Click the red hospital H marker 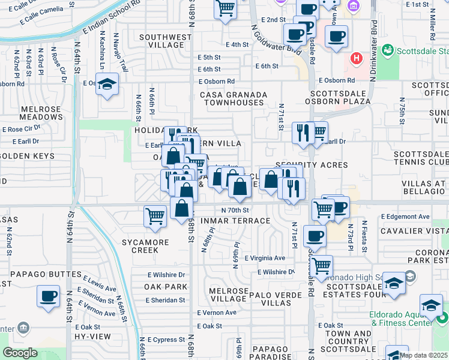[357, 58]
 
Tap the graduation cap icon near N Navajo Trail [107, 85]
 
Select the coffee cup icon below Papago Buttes [49, 296]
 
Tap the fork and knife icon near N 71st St [303, 131]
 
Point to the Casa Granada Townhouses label [232, 98]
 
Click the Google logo [20, 353]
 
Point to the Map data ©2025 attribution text [423, 355]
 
